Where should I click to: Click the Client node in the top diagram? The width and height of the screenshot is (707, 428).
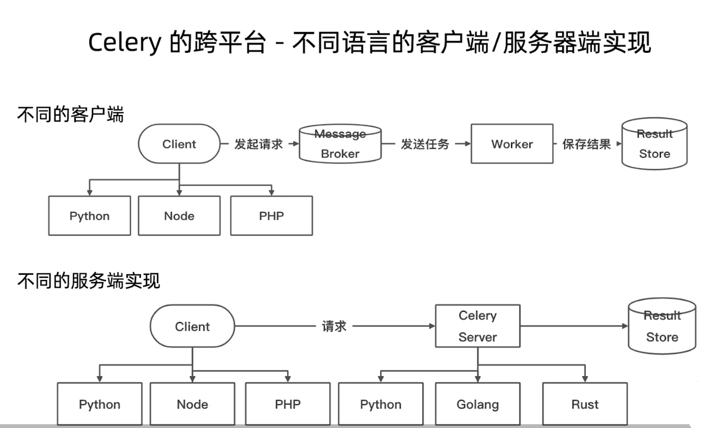coord(179,144)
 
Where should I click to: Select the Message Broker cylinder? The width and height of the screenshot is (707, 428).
coord(340,144)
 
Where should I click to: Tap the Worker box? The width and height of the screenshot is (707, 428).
coord(512,144)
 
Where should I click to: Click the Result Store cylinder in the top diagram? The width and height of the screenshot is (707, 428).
coord(654,144)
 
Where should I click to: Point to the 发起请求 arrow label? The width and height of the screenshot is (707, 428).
coord(258,144)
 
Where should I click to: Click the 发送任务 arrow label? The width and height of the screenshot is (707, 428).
coord(425,144)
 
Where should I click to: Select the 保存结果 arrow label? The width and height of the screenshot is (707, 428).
coord(586,144)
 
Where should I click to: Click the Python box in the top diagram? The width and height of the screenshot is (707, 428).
coord(89,216)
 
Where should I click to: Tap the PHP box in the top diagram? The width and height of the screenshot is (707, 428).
coord(271,216)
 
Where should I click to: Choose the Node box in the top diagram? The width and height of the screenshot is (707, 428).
coord(179,216)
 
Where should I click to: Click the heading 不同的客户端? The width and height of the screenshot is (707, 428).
coord(70,114)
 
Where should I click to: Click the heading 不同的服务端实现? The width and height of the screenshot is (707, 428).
coord(89,280)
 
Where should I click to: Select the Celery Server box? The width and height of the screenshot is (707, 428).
coord(478,326)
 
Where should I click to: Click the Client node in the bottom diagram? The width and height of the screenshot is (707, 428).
coord(193,326)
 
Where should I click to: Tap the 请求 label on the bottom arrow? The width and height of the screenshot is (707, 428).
coord(334,326)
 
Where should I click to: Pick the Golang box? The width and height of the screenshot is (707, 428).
coord(478,404)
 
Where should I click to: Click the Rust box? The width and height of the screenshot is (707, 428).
coord(585,404)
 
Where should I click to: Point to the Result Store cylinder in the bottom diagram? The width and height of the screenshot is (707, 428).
coord(662,326)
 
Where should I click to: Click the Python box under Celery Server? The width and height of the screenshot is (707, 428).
coord(381,404)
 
